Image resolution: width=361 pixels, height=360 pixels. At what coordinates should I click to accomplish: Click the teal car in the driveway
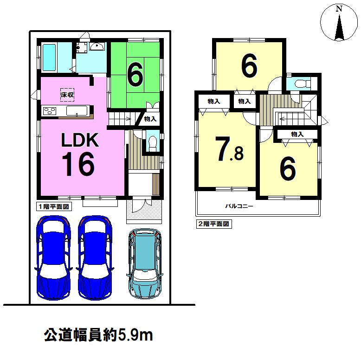tap(145, 264)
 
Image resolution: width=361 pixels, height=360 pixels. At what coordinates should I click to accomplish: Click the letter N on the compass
tap(339, 9)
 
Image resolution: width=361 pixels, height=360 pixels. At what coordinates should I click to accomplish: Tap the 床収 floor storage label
tap(67, 95)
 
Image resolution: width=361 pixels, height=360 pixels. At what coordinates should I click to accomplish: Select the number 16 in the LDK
tap(78, 164)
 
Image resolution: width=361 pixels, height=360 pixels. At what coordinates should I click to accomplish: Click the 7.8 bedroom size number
tap(229, 149)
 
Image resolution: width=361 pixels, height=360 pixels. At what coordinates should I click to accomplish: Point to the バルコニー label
tap(239, 206)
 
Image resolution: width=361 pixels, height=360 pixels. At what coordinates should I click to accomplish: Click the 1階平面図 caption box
tap(54, 206)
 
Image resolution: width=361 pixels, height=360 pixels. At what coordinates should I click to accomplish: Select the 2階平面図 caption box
tap(214, 224)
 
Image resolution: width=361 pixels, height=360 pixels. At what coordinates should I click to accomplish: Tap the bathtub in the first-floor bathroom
tap(49, 58)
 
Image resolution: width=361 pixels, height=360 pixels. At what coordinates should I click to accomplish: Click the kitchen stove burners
tap(50, 111)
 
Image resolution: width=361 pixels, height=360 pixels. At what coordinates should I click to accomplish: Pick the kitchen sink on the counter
tap(77, 111)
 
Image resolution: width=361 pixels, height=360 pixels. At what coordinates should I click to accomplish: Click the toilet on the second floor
tap(303, 84)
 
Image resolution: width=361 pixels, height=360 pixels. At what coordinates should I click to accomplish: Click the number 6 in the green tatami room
tap(135, 74)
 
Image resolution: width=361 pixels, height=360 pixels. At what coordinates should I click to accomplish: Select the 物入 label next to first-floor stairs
tap(150, 119)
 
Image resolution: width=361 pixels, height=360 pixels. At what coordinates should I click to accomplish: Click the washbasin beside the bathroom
tap(97, 46)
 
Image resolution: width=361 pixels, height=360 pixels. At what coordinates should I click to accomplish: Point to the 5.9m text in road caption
tap(135, 335)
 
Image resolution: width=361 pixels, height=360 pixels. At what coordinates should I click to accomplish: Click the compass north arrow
tap(339, 28)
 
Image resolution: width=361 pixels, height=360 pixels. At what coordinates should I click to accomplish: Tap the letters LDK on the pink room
tap(80, 140)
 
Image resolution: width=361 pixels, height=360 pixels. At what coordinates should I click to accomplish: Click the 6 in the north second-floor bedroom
tap(249, 66)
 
